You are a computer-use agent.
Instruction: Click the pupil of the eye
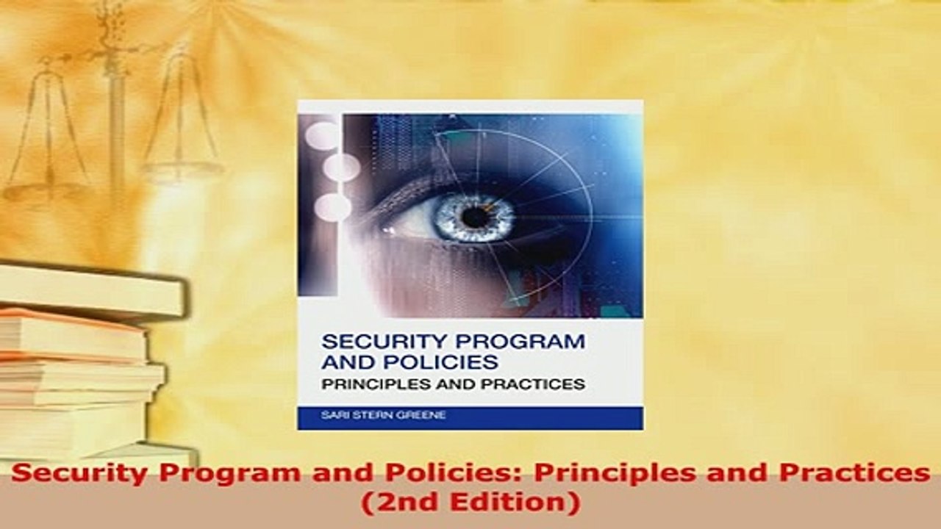[475, 217]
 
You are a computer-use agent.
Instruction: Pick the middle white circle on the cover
[341, 168]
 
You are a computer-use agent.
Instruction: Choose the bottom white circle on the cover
[332, 207]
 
